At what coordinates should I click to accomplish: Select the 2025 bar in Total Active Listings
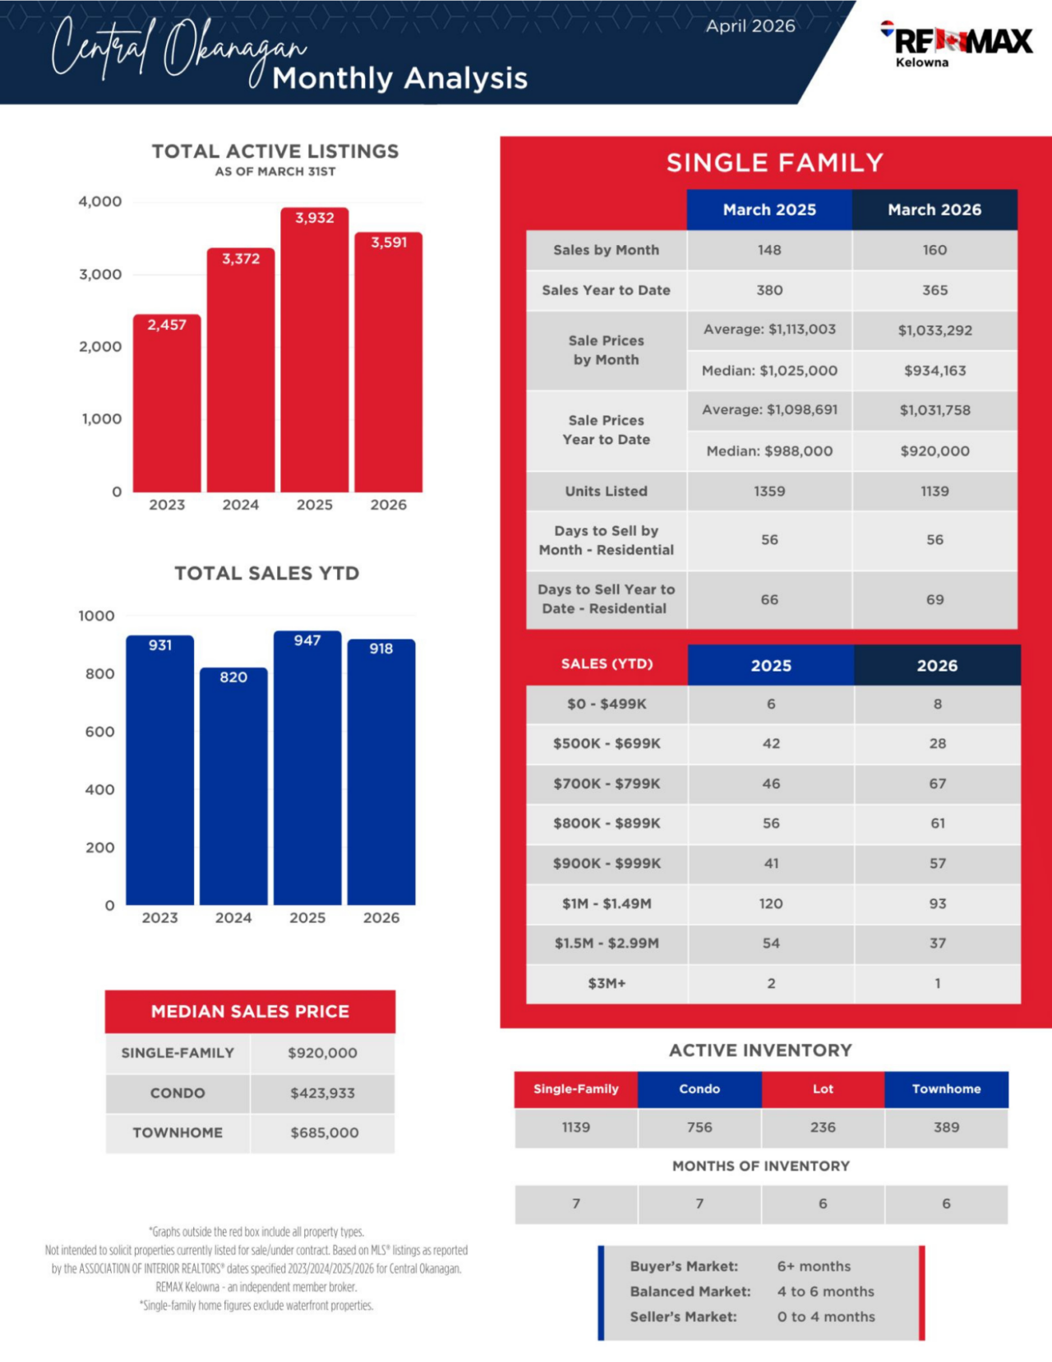coord(315,353)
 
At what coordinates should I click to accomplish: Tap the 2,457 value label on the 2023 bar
coord(167,325)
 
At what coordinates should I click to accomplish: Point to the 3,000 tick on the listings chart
coord(100,275)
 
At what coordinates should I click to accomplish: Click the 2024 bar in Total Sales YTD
coord(233,789)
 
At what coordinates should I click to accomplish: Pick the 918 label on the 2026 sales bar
coord(381,649)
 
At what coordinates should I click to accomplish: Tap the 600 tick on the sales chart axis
coord(99,732)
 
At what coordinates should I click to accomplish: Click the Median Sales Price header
coord(250,1011)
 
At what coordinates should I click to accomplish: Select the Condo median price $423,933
coord(322,1093)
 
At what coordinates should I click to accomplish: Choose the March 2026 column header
coord(934,210)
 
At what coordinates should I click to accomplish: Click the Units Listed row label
coord(607,491)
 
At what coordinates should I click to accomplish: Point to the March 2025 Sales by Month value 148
coord(769,250)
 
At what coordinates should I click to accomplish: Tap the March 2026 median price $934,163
coord(934,371)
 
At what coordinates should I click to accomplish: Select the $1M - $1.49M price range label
coord(607,903)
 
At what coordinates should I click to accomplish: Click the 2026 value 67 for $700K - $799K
coord(938,783)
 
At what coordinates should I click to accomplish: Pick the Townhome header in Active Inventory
coord(946,1089)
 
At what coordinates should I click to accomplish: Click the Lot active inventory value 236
coord(823,1127)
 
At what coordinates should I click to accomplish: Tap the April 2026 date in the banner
coord(750,26)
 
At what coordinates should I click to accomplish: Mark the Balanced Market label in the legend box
coord(690,1291)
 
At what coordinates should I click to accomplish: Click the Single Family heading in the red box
coord(775,163)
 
